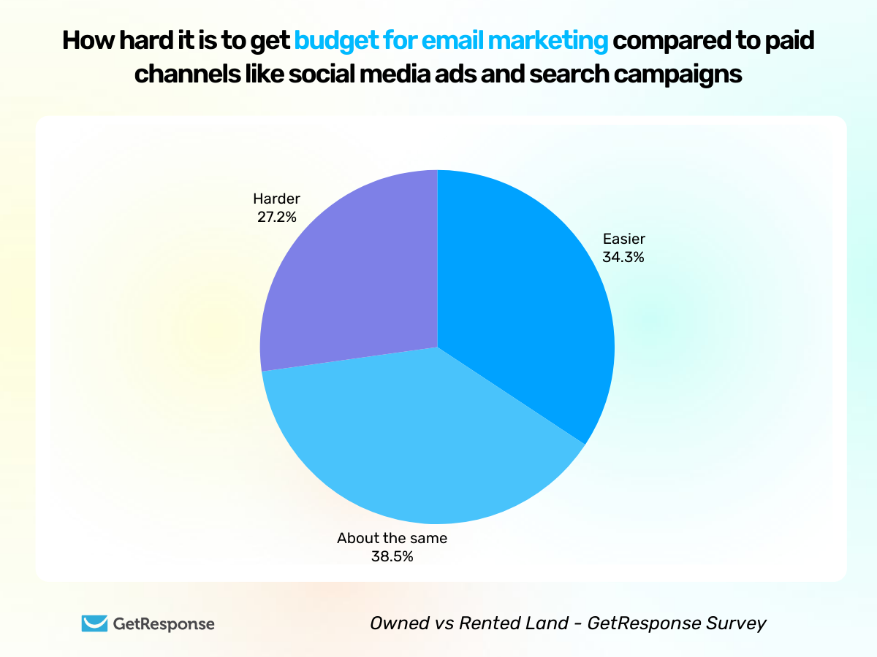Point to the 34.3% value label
[623, 256]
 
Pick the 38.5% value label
[392, 556]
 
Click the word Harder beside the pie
[276, 199]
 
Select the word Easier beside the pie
[623, 239]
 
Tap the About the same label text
[392, 539]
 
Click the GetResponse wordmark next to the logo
[164, 623]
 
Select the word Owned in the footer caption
[394, 623]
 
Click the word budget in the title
[333, 41]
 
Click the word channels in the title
[185, 74]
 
